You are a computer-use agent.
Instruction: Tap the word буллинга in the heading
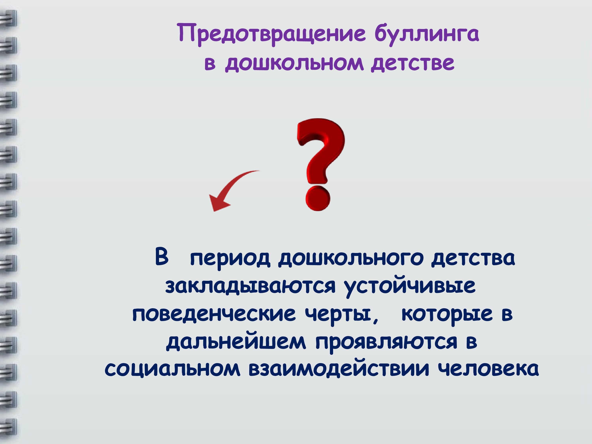tap(427, 35)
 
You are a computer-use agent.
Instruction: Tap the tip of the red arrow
tap(213, 211)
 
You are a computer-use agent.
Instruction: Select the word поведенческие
tap(214, 315)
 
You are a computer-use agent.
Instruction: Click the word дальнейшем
tap(236, 342)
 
